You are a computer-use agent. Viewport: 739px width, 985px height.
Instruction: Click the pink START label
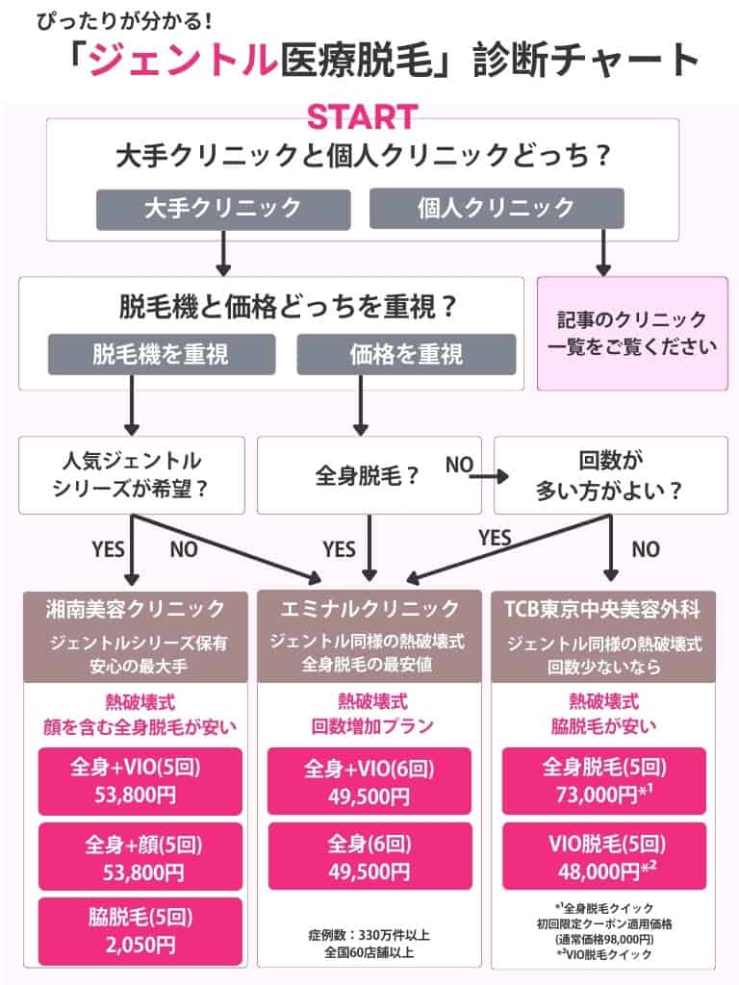[363, 116]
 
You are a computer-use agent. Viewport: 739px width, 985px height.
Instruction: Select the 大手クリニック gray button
[221, 208]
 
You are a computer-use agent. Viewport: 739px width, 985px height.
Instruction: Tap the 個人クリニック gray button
[497, 208]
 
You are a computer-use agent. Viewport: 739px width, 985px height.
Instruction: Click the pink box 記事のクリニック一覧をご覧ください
[631, 334]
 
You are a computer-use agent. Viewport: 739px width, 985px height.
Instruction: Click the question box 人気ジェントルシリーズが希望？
[131, 474]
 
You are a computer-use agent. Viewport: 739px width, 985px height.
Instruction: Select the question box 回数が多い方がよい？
[610, 474]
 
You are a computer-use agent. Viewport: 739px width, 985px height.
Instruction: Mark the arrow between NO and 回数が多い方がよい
[490, 473]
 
